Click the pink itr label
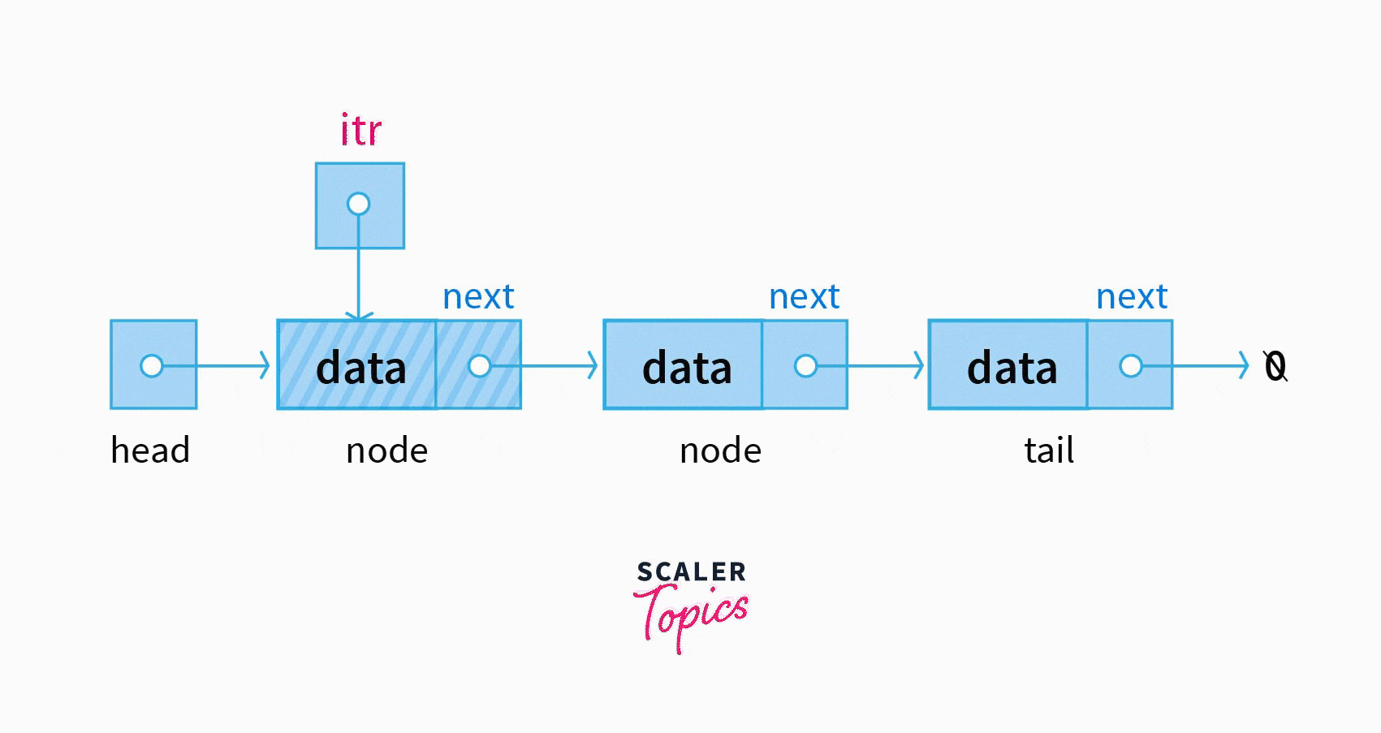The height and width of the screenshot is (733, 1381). pyautogui.click(x=360, y=131)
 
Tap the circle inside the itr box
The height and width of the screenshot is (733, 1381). pyautogui.click(x=358, y=204)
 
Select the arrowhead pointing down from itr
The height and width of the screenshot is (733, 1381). pyautogui.click(x=358, y=315)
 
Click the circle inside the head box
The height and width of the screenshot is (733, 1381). pyautogui.click(x=152, y=366)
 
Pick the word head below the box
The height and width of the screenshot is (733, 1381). pyautogui.click(x=150, y=451)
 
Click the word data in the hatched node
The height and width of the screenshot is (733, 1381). pyautogui.click(x=360, y=368)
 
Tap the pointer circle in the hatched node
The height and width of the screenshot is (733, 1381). pyautogui.click(x=480, y=366)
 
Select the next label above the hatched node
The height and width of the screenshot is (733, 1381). pyautogui.click(x=478, y=297)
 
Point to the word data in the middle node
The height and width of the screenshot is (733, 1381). pyautogui.click(x=687, y=368)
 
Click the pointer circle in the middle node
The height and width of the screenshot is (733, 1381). pyautogui.click(x=805, y=366)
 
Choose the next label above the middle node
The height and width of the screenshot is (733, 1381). pyautogui.click(x=804, y=297)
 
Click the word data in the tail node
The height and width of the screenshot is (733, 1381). pyautogui.click(x=1012, y=368)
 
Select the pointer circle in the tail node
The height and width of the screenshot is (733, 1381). pyautogui.click(x=1131, y=366)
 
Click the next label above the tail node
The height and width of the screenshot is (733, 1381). pyautogui.click(x=1132, y=297)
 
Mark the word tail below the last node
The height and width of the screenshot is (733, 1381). pyautogui.click(x=1049, y=451)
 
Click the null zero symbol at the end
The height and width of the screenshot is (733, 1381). pyautogui.click(x=1275, y=367)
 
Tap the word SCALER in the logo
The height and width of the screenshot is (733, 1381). pyautogui.click(x=691, y=572)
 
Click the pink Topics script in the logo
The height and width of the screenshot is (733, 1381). pyautogui.click(x=691, y=614)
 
